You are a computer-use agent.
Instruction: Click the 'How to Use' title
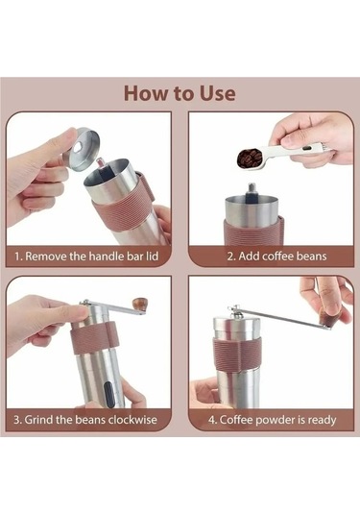pos(180,93)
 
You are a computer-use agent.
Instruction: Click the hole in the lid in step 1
pos(79,147)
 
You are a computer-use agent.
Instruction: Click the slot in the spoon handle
pos(307,149)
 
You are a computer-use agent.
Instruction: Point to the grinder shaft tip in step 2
pos(252,187)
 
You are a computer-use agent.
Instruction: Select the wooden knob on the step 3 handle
pos(140,304)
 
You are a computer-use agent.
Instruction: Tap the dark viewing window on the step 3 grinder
pos(109,394)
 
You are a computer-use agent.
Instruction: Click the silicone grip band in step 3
pos(94,338)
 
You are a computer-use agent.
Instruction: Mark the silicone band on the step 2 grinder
pos(252,232)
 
